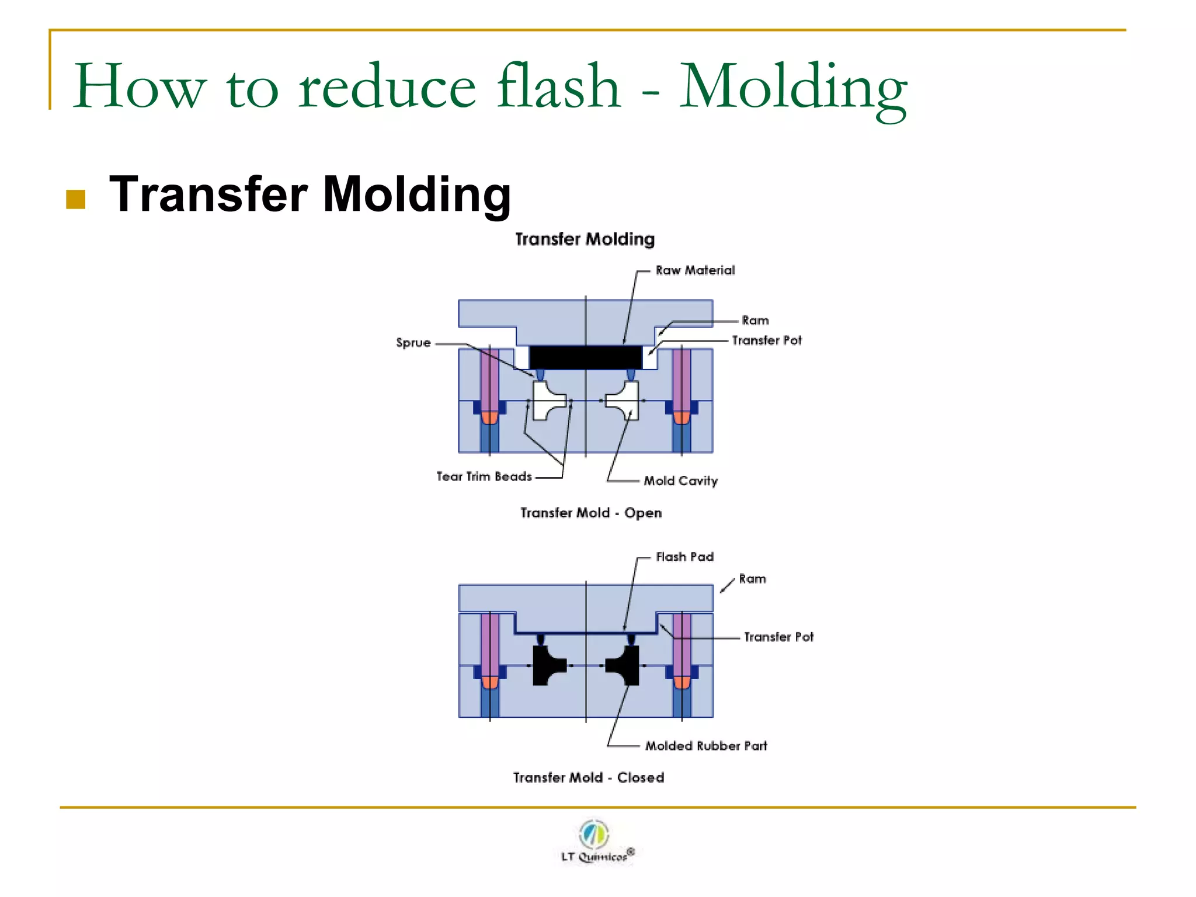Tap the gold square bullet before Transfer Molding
pyautogui.click(x=76, y=199)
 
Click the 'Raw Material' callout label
pyautogui.click(x=695, y=270)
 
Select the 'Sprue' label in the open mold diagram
pyautogui.click(x=413, y=343)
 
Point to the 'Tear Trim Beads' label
pyautogui.click(x=484, y=477)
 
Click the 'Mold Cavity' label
pyautogui.click(x=680, y=481)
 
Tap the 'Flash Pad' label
pyautogui.click(x=684, y=557)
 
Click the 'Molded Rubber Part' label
pyautogui.click(x=706, y=746)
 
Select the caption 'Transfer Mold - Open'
pyautogui.click(x=591, y=513)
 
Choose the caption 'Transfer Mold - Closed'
pyautogui.click(x=589, y=778)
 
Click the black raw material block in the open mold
pyautogui.click(x=585, y=357)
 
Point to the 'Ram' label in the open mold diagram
pyautogui.click(x=755, y=321)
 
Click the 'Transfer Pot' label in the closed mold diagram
pyautogui.click(x=778, y=637)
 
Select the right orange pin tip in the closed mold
pyautogui.click(x=682, y=682)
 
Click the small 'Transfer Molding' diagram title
pyautogui.click(x=585, y=239)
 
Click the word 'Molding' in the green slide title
pyautogui.click(x=793, y=88)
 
